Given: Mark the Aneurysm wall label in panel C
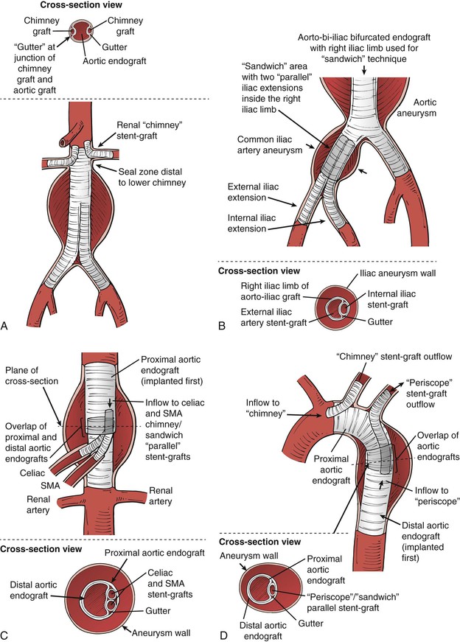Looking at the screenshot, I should (x=164, y=632).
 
